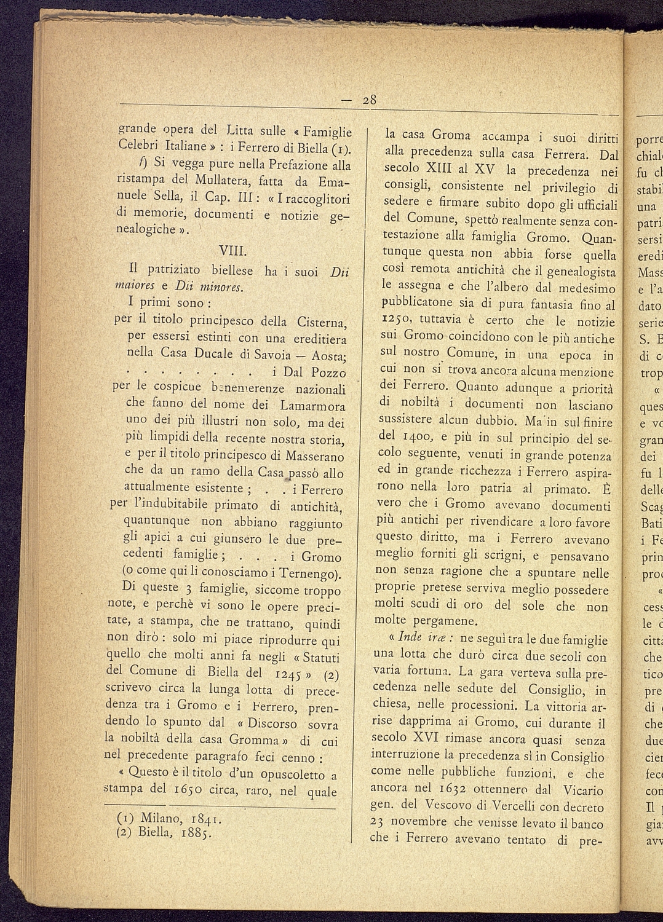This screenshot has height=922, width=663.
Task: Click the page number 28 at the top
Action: pos(369,100)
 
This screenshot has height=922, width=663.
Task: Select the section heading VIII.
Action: pos(232,252)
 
